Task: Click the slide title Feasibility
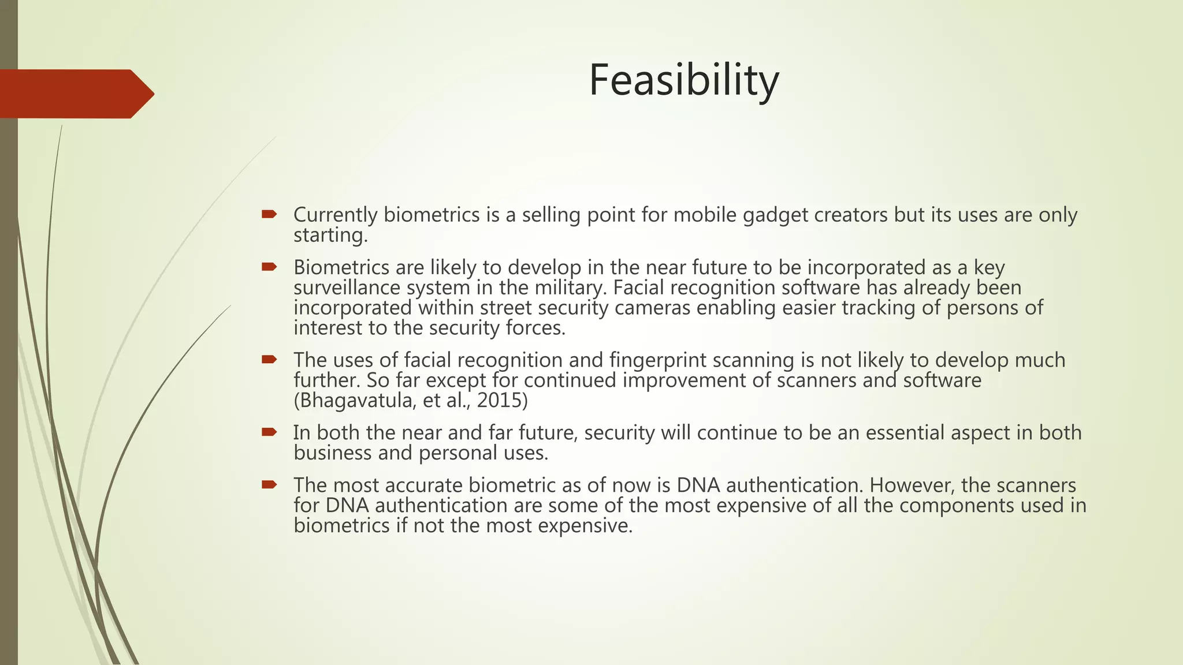[x=683, y=80]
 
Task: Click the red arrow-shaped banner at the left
[x=75, y=94]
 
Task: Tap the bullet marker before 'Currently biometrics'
[x=269, y=214]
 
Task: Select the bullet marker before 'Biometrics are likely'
[x=269, y=267]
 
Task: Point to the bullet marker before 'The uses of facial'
[x=269, y=360]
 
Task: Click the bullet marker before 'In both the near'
[x=269, y=432]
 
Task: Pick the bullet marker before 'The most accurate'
[x=269, y=484]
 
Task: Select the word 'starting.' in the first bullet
[x=330, y=236]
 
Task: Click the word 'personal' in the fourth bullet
[x=457, y=453]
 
